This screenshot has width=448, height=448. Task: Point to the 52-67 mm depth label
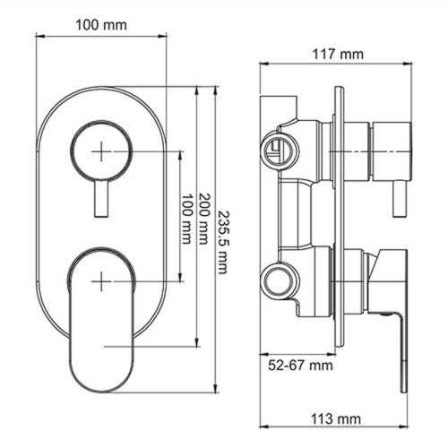pyautogui.click(x=300, y=365)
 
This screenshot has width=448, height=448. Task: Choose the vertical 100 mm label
pyautogui.click(x=187, y=219)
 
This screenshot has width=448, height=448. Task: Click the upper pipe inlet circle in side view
pyautogui.click(x=277, y=151)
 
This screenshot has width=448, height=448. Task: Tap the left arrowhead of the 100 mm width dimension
pyautogui.click(x=38, y=38)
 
